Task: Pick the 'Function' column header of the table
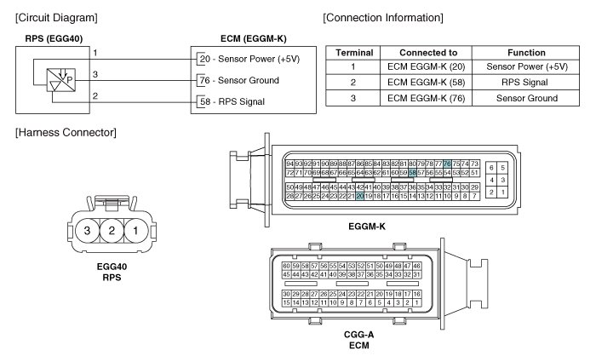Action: (526, 52)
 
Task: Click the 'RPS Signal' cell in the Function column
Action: (526, 83)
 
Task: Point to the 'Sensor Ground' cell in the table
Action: (526, 98)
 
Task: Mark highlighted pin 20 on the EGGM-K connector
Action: (360, 196)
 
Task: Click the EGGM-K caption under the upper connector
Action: (367, 227)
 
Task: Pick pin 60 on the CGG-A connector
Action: (286, 266)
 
